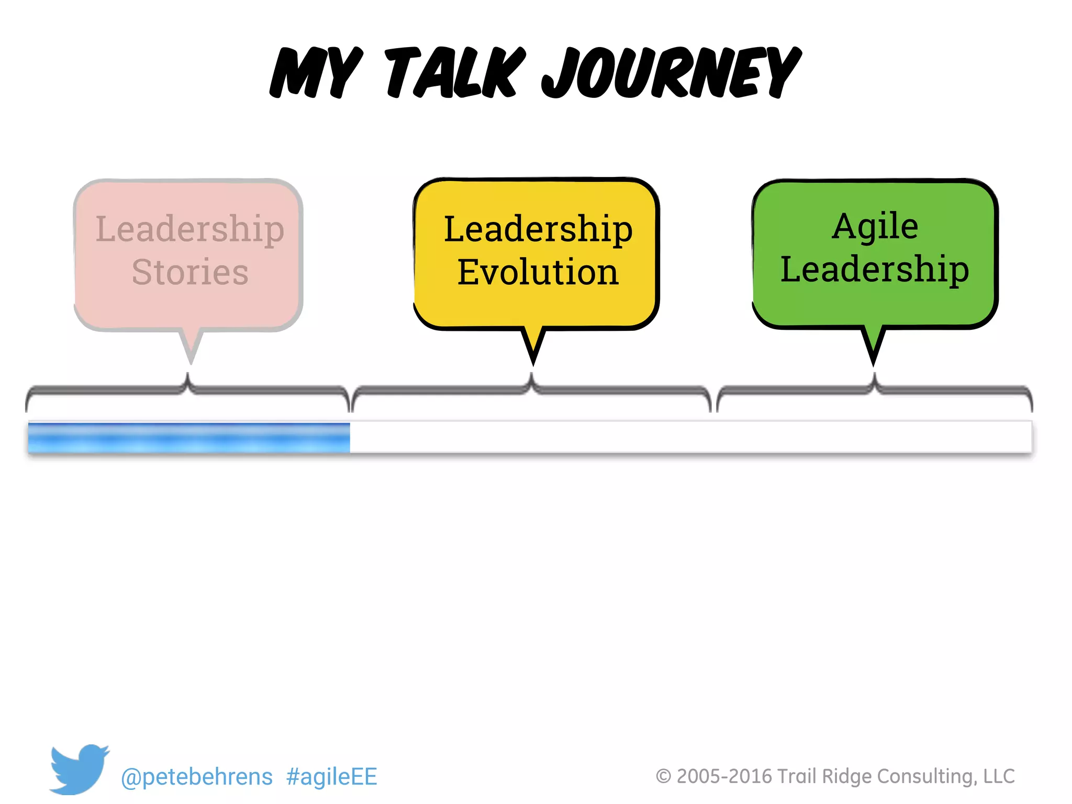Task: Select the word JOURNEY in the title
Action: [671, 73]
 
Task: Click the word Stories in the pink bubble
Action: [190, 272]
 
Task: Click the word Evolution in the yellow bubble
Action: [538, 272]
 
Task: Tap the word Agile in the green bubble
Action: [875, 226]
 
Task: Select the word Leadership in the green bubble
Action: [875, 270]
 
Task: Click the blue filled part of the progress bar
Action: [188, 438]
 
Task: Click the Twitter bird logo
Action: [79, 768]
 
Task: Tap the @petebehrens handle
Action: [197, 777]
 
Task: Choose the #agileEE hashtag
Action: [332, 777]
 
